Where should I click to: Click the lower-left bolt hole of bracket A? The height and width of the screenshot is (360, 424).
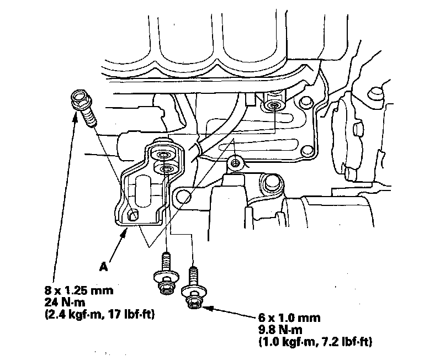coord(132,216)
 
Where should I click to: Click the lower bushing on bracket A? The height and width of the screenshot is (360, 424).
coord(166,168)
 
